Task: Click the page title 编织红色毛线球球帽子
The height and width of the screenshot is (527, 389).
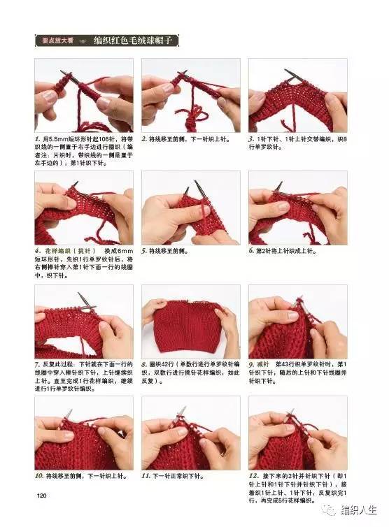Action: pos(143,41)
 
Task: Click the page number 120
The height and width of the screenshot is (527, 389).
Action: pos(41,496)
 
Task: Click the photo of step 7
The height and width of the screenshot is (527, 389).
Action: pos(83,322)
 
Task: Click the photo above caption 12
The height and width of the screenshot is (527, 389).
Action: pos(297,433)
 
